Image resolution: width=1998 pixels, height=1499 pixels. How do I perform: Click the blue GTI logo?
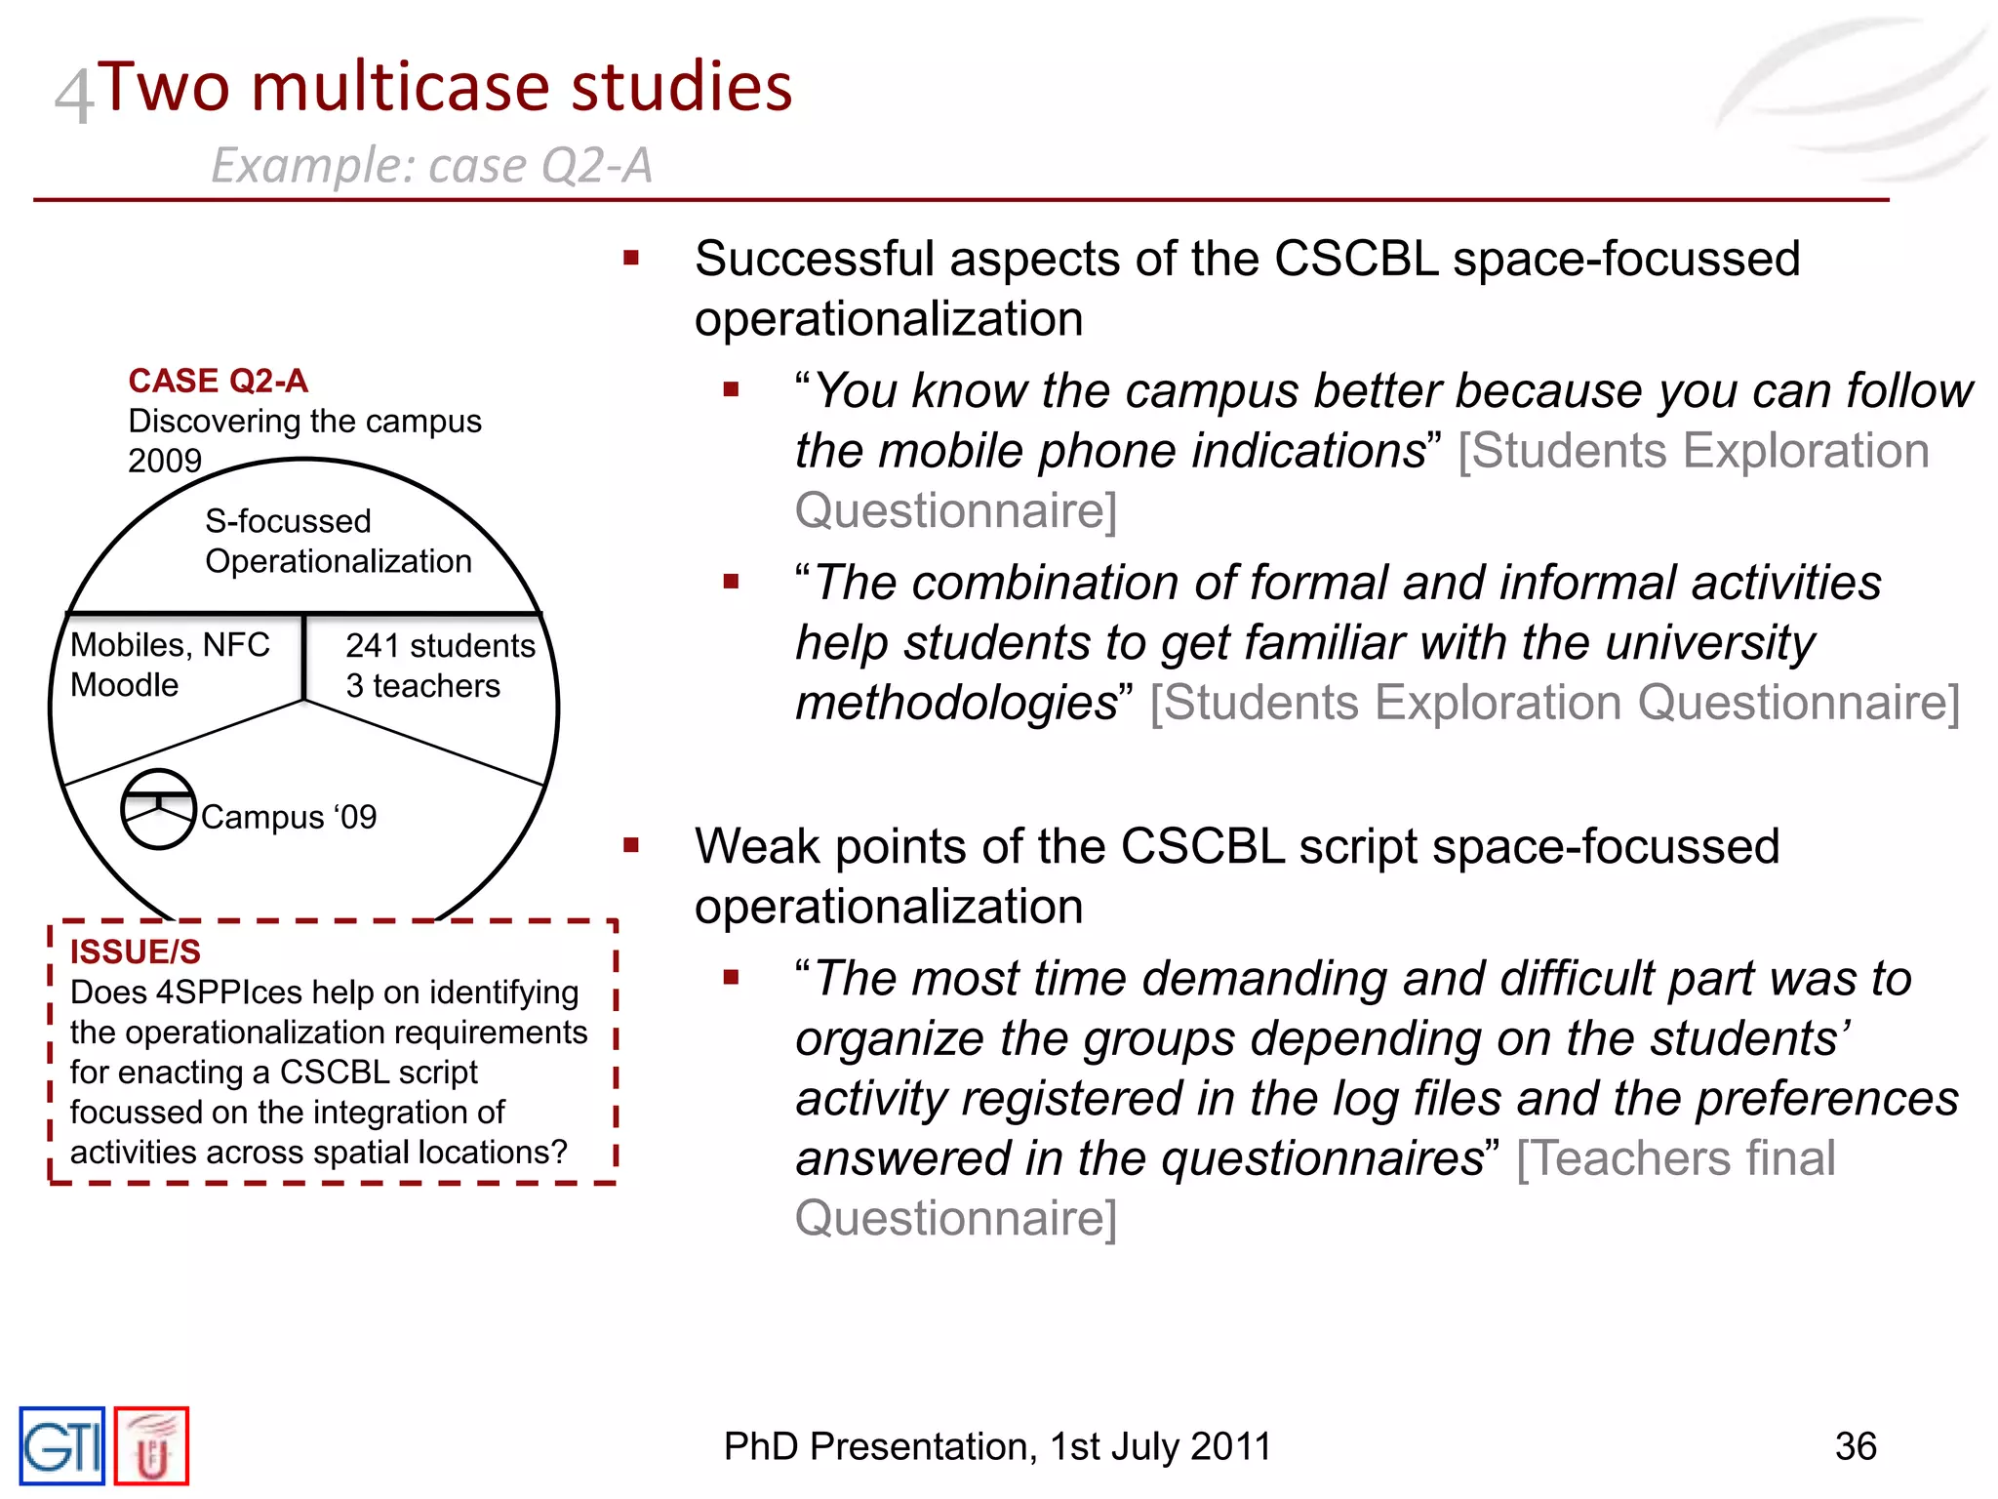(61, 1445)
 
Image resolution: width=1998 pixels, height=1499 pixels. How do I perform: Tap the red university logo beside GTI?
(151, 1446)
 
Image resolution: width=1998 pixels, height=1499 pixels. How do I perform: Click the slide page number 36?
(1855, 1446)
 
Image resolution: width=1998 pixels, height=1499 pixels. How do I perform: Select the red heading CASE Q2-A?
(218, 381)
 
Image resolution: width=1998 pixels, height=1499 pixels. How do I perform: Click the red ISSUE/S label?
(135, 952)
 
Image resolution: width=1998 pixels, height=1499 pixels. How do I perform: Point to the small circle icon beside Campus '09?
(158, 809)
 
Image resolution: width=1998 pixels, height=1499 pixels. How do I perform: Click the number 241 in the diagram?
(373, 646)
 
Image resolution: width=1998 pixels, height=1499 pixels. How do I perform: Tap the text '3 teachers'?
(422, 686)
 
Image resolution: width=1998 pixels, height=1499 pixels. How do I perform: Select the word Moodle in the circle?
(124, 685)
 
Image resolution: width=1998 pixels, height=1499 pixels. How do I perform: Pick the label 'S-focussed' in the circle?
(288, 521)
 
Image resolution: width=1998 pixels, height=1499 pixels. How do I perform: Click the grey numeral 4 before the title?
(73, 96)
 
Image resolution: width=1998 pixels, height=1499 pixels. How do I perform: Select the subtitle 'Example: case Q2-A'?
(431, 165)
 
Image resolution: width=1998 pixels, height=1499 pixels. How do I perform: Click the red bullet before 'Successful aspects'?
(631, 259)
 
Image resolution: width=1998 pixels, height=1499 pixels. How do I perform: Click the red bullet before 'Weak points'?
(631, 845)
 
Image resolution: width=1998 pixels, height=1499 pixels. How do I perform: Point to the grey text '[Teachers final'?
(1675, 1158)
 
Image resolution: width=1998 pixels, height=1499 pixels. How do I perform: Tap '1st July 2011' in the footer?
(1160, 1446)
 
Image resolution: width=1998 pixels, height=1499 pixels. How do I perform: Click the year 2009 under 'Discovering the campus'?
(165, 461)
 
